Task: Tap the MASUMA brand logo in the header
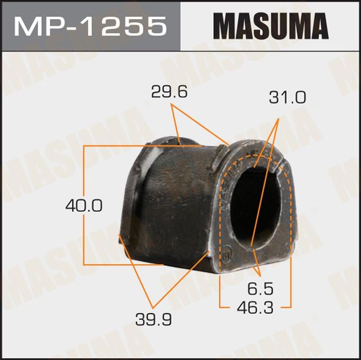pyautogui.click(x=271, y=26)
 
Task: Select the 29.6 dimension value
pyautogui.click(x=169, y=92)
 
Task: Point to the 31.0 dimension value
pyautogui.click(x=287, y=99)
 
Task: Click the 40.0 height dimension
pyautogui.click(x=83, y=206)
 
